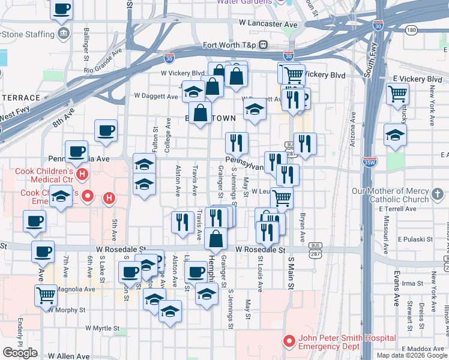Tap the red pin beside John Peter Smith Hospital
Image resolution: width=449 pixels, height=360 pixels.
[x=289, y=341]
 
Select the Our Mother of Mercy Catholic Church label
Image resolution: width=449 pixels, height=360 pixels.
[x=390, y=195]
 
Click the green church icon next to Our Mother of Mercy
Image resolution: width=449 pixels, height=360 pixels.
[x=438, y=194]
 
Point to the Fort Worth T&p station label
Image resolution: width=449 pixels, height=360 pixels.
[x=231, y=45]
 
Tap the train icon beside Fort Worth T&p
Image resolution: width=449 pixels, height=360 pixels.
[x=263, y=45]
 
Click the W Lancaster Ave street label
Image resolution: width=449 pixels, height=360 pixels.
[x=268, y=23]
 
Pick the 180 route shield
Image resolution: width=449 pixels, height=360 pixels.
[x=411, y=29]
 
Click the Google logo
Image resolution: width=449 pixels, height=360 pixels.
[x=20, y=353]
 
